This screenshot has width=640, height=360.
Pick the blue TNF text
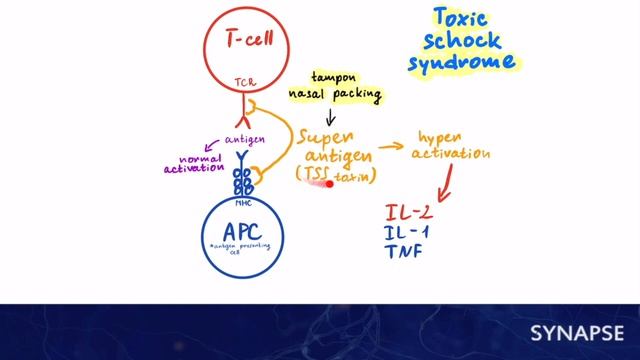click(404, 251)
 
